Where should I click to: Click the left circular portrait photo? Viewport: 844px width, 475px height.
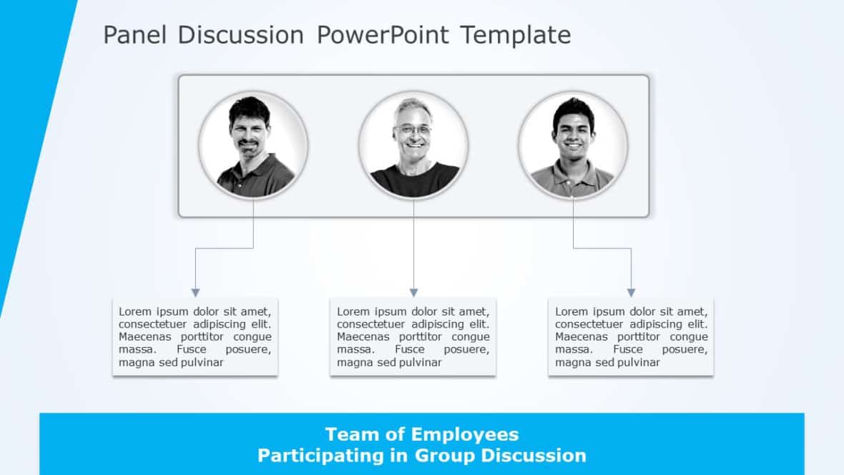pyautogui.click(x=253, y=145)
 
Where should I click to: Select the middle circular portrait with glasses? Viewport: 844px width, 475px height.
pyautogui.click(x=413, y=145)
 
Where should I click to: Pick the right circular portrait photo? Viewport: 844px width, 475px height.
pyautogui.click(x=573, y=145)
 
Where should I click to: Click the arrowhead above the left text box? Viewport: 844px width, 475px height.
pyautogui.click(x=195, y=293)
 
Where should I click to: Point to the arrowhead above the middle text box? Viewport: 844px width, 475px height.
pyautogui.click(x=413, y=293)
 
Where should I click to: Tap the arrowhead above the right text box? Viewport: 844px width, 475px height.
pyautogui.click(x=631, y=293)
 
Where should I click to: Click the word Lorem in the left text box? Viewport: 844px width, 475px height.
pyautogui.click(x=134, y=311)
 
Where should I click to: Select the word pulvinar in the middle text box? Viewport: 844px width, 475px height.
pyautogui.click(x=418, y=363)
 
